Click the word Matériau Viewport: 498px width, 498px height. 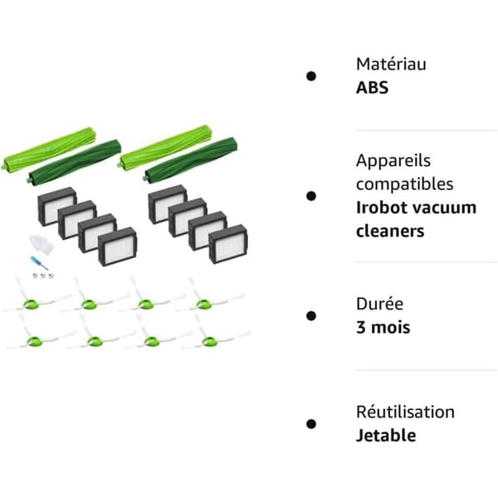coord(391,64)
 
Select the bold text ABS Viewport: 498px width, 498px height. coord(372,88)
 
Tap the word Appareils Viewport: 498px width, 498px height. coord(393,161)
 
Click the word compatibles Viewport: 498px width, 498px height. coord(405,184)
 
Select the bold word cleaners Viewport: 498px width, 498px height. coord(390,231)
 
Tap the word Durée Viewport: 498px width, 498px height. coord(380,304)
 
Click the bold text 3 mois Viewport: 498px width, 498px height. coord(383,328)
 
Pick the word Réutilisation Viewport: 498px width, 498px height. coord(405,413)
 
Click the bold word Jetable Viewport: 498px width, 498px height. coord(386,436)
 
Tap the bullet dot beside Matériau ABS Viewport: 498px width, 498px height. coord(311,76)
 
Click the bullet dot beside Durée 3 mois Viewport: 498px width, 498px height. coord(311,315)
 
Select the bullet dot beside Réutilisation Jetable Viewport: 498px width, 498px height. coord(311,424)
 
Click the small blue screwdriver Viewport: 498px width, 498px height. coord(38,262)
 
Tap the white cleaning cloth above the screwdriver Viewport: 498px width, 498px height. coord(41,244)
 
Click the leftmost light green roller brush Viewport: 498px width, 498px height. coord(49,149)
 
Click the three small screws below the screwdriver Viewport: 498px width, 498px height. coord(43,276)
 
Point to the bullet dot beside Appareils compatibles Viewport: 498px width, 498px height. coord(311,196)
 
